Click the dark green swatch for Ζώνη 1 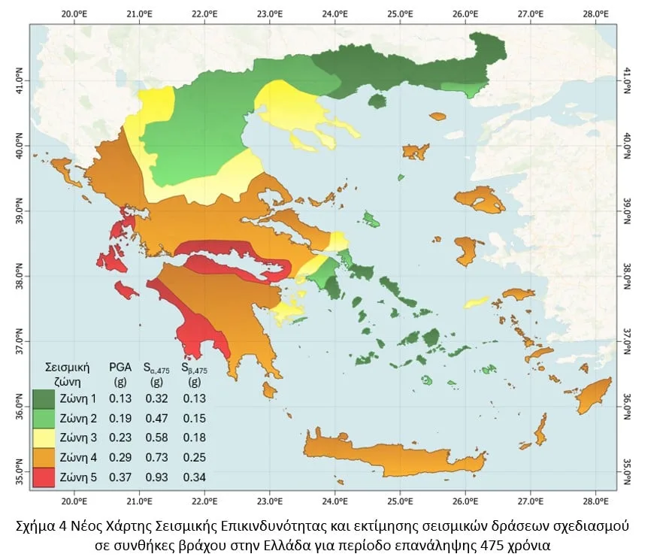(44, 398)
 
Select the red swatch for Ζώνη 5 (44, 477)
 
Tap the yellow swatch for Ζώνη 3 (44, 437)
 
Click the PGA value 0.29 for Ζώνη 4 (121, 457)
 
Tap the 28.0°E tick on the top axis (595, 14)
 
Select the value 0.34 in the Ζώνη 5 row (193, 477)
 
